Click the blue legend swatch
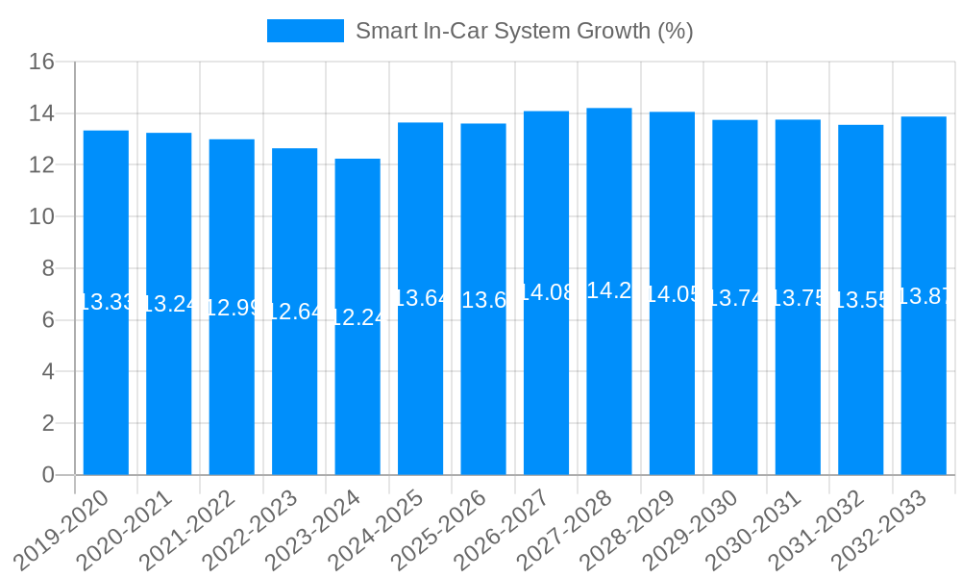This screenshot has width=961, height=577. pyautogui.click(x=305, y=31)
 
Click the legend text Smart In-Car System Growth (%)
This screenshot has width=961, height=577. pyautogui.click(x=524, y=31)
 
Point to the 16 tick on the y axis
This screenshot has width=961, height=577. pyautogui.click(x=41, y=63)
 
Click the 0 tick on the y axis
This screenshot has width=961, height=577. pyautogui.click(x=48, y=475)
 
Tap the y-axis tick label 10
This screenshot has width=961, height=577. pyautogui.click(x=41, y=217)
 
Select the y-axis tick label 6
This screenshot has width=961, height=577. pyautogui.click(x=48, y=320)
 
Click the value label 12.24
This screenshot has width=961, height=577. pyautogui.click(x=357, y=317)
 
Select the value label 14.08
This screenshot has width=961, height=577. pyautogui.click(x=546, y=292)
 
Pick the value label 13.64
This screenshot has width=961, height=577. pyautogui.click(x=420, y=298)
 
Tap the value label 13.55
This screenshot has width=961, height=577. pyautogui.click(x=860, y=300)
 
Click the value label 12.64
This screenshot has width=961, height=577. pyautogui.click(x=294, y=312)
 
